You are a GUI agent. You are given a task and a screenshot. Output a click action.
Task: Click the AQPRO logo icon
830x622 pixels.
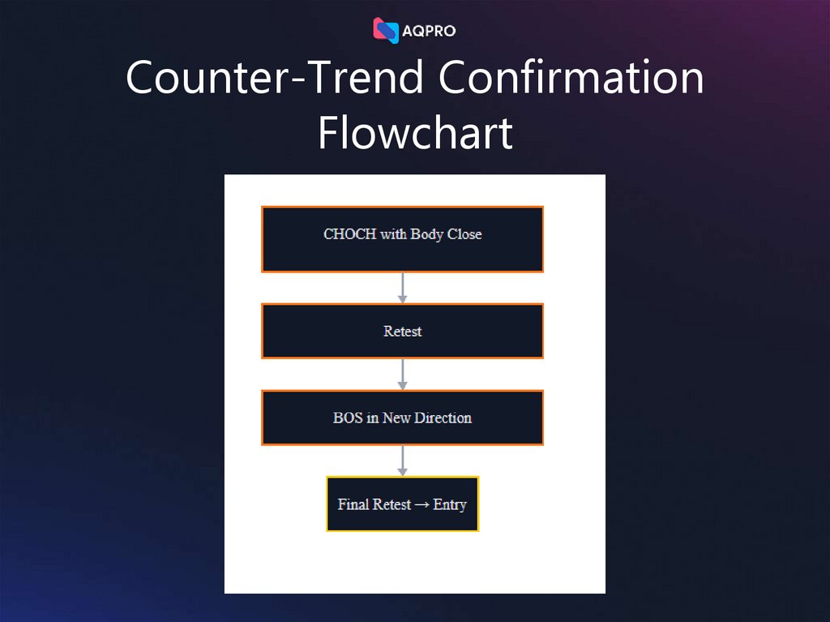386,31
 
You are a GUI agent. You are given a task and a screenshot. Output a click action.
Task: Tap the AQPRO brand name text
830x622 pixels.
429,32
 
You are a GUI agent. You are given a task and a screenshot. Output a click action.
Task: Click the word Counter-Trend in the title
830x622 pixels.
275,78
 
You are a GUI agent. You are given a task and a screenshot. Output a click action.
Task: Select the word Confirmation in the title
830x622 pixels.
571,78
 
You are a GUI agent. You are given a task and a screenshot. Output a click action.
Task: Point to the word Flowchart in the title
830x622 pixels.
415,132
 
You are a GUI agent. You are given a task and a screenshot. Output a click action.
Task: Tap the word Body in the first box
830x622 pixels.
426,234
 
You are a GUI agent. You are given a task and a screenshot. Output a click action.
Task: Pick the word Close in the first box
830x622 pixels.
464,234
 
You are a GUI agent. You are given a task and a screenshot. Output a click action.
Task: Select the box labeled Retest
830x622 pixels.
402,331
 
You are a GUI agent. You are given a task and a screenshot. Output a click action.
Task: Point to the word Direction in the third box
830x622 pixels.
443,418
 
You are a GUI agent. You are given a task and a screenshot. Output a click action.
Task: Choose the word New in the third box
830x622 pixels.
397,418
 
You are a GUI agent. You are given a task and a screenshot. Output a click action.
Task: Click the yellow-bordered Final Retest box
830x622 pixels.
402,504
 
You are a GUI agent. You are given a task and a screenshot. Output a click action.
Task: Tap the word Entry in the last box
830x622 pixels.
450,504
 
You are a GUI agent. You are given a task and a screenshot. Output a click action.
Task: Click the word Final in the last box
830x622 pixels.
353,504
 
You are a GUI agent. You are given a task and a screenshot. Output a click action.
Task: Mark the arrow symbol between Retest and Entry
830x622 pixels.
422,504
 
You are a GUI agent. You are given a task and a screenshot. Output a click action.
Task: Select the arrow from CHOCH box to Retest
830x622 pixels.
403,288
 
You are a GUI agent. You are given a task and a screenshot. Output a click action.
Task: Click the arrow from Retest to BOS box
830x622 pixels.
403,374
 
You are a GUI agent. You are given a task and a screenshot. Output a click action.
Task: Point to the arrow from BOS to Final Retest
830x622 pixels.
403,461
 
